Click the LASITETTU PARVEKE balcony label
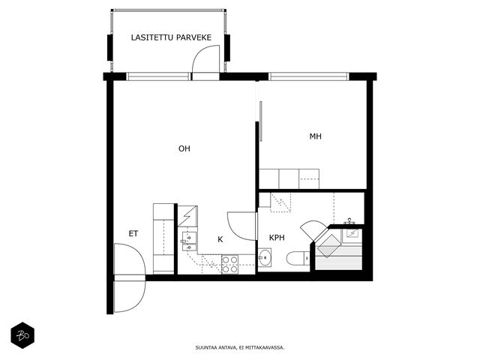click(x=171, y=37)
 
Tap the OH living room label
click(x=184, y=148)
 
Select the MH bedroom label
click(x=315, y=136)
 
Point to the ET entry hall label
click(x=133, y=234)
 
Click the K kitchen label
click(x=220, y=240)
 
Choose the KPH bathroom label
click(x=277, y=238)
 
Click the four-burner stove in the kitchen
click(x=230, y=265)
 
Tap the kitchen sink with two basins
click(x=189, y=241)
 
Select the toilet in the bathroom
click(x=298, y=258)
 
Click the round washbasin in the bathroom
click(x=265, y=258)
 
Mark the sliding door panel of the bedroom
click(x=260, y=121)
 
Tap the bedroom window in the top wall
click(x=309, y=76)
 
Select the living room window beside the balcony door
click(x=158, y=76)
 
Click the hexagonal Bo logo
click(x=22, y=335)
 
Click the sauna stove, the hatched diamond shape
click(x=329, y=245)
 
